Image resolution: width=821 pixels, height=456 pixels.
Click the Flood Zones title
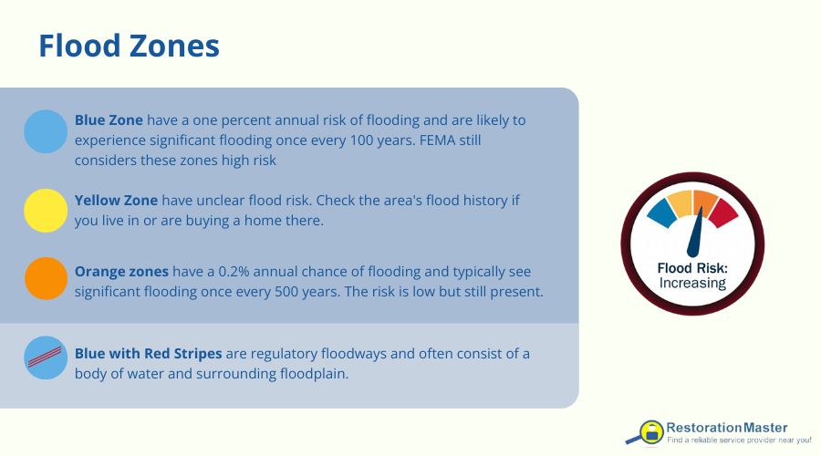click(129, 46)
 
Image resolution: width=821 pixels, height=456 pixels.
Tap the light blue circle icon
click(46, 131)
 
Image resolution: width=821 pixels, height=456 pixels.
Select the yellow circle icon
click(46, 211)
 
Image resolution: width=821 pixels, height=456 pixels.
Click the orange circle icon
click(46, 279)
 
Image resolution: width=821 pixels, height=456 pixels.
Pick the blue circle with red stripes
click(46, 358)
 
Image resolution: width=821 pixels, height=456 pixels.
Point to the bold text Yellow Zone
click(116, 200)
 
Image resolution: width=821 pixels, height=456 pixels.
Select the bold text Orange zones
click(120, 272)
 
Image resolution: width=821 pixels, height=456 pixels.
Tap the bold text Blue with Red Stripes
click(149, 354)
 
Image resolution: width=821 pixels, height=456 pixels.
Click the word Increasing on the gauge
click(693, 283)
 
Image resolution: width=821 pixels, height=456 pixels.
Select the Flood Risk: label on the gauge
click(693, 268)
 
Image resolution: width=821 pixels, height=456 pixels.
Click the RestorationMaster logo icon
click(650, 431)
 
